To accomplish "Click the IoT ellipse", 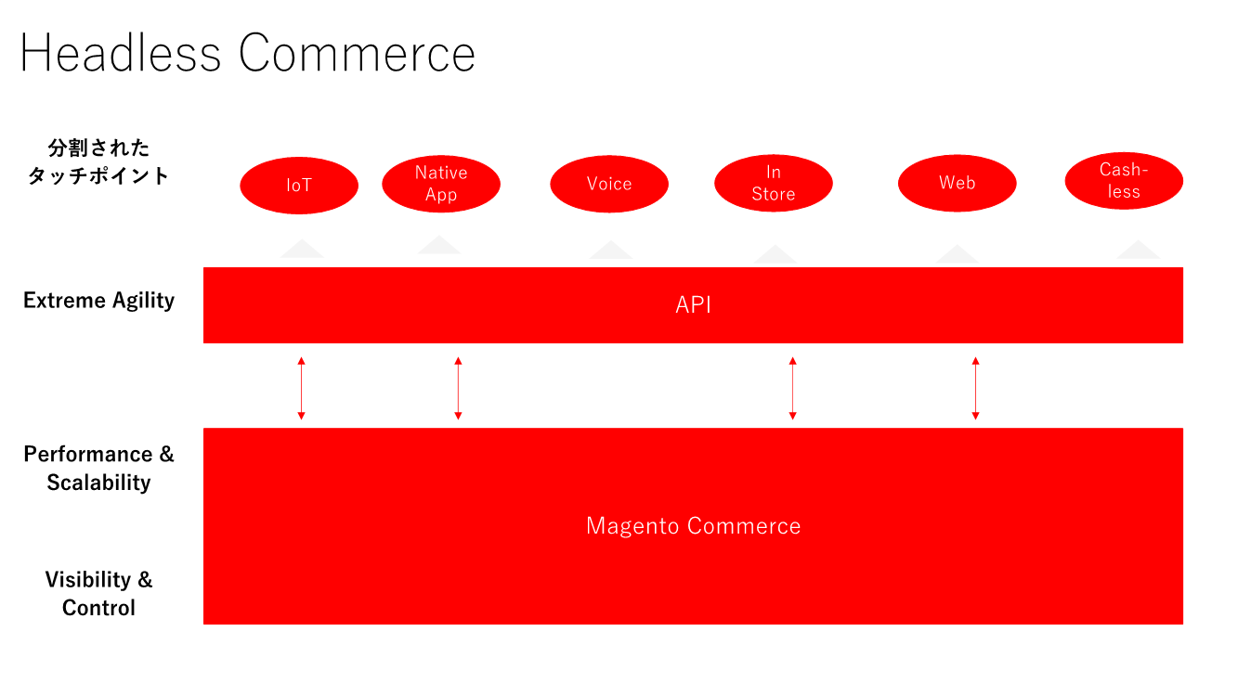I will click(299, 186).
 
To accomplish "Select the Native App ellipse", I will click(441, 184).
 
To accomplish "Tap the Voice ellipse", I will click(609, 184).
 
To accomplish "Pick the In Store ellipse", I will click(774, 184).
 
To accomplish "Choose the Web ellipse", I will click(957, 184).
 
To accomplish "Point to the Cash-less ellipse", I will click(1124, 181).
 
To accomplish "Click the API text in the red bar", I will click(693, 305).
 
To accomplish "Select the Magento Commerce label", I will click(693, 526).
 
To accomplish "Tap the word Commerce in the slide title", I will click(358, 54).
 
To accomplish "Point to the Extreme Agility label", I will click(98, 301).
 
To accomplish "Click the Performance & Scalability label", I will click(98, 468).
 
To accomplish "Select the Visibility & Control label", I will click(98, 593).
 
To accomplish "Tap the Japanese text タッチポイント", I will click(98, 175).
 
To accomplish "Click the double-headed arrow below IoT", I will click(301, 387).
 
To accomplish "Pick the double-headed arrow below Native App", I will click(458, 387).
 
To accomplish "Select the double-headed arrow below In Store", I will click(792, 387).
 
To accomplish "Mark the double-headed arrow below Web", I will click(975, 387).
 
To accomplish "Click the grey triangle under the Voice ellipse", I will click(610, 251).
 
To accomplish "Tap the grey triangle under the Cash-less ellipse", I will click(1138, 251).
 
